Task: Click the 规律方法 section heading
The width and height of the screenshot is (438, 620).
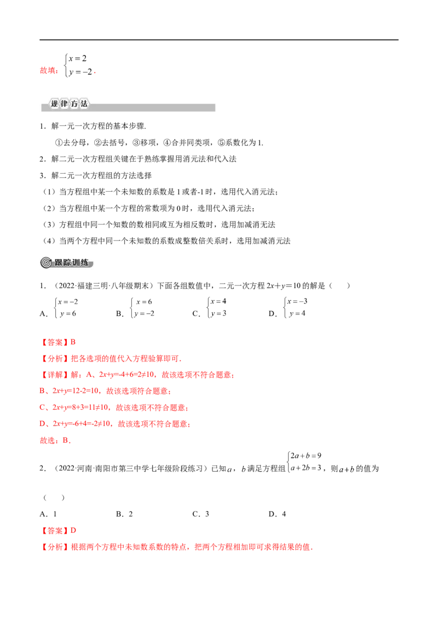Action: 69,104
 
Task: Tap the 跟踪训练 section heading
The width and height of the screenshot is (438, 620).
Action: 72,262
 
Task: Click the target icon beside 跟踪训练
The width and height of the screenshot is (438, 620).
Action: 46,262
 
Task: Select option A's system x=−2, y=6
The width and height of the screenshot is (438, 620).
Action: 66,308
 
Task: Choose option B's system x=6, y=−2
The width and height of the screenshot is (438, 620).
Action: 142,308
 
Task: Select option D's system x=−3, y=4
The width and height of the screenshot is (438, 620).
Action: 295,307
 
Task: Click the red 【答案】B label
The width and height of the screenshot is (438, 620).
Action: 57,342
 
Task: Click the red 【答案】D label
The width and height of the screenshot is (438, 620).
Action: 58,531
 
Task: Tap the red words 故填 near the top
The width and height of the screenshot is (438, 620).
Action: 49,71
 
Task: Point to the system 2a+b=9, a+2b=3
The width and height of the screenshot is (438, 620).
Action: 304,462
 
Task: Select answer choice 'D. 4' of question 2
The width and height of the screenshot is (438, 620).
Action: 277,514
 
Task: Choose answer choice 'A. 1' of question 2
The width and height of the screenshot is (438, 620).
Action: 48,514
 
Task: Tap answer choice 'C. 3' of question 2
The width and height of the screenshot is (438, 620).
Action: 200,514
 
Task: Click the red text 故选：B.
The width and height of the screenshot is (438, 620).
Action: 55,440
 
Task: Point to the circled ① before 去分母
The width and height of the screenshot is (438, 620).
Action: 59,143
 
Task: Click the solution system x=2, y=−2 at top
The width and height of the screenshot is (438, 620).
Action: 79,65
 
